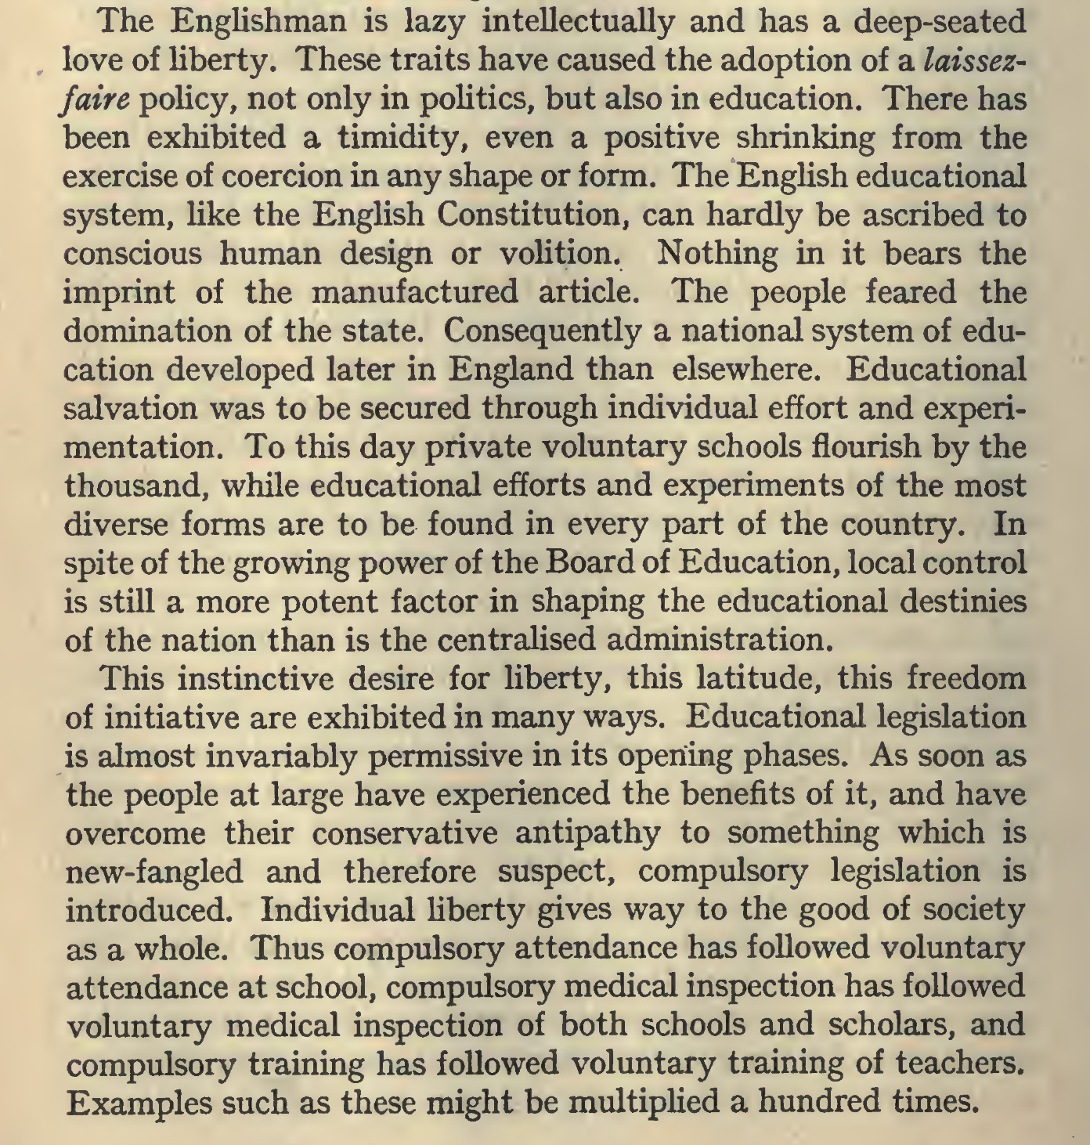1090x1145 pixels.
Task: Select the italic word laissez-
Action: [x=974, y=60]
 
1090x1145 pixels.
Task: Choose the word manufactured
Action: [x=415, y=291]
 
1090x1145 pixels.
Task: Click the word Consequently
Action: [x=542, y=330]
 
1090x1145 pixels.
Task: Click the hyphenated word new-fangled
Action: [x=154, y=872]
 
